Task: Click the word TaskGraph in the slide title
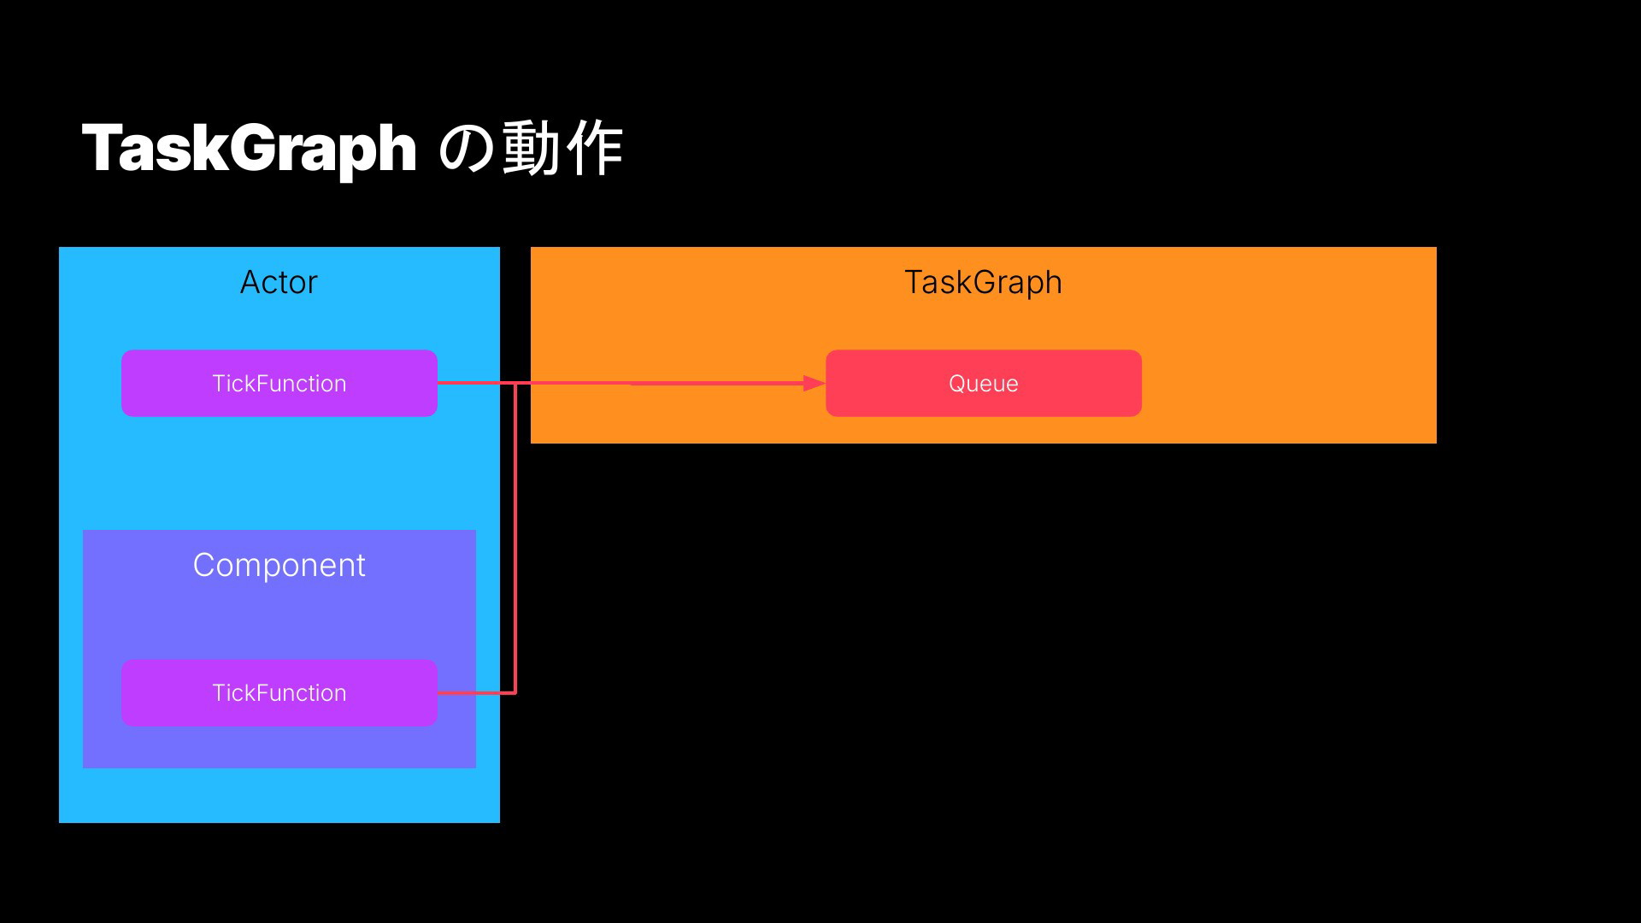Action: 249,149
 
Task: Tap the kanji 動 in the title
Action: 532,148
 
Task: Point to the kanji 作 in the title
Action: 594,148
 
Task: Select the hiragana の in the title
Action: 466,149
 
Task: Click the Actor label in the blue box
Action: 279,282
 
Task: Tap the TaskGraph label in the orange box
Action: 983,283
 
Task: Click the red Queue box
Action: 983,383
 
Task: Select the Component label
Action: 279,566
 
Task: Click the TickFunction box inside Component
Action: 279,692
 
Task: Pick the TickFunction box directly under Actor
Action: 279,383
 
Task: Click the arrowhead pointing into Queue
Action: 815,384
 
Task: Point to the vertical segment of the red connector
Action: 515,538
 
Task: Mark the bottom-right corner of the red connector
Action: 515,692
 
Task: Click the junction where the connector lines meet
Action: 515,383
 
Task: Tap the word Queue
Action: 983,384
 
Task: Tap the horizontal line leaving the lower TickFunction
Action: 476,692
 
